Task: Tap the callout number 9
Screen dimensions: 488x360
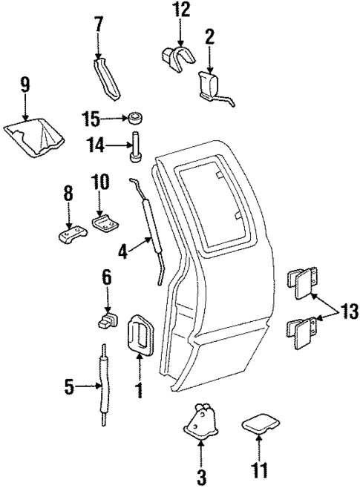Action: click(x=25, y=85)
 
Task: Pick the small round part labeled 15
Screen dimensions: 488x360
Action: click(x=135, y=119)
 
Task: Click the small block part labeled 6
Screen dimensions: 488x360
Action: click(x=108, y=320)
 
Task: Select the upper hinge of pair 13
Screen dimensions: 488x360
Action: click(x=301, y=283)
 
